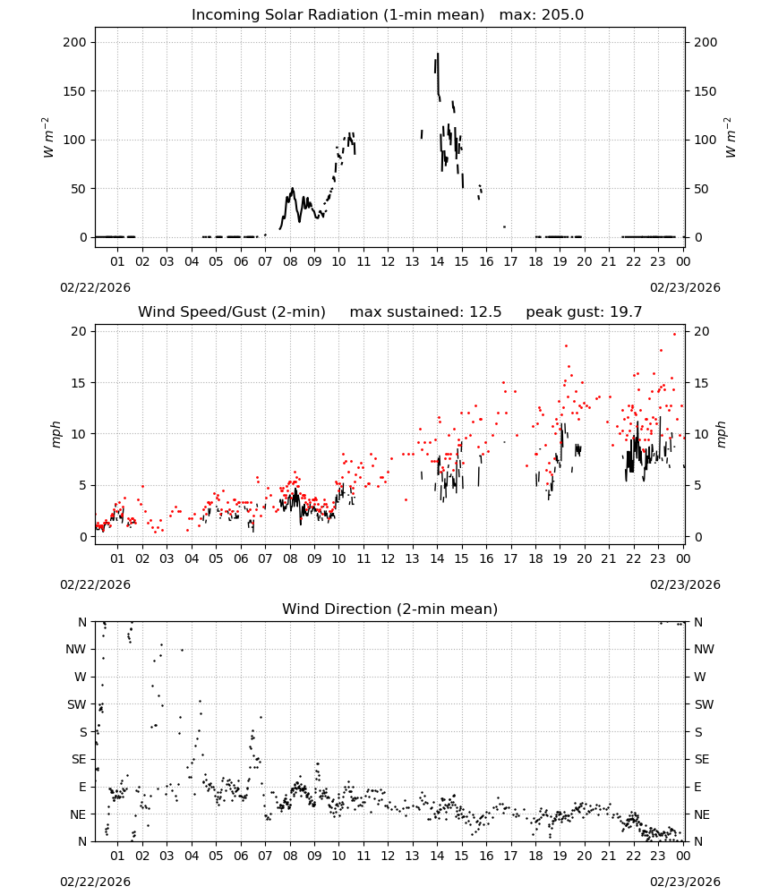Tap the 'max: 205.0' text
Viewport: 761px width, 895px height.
pos(542,15)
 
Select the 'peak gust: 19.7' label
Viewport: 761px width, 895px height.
pos(584,312)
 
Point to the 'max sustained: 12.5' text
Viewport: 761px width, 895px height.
pos(425,312)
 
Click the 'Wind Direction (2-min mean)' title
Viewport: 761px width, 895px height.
pos(390,609)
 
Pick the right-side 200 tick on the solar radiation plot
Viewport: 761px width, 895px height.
pos(705,42)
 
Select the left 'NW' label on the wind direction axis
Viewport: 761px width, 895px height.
pos(76,650)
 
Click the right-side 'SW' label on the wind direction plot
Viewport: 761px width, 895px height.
pos(704,705)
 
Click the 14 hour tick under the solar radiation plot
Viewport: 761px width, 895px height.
pos(437,262)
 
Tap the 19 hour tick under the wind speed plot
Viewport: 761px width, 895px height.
pos(560,558)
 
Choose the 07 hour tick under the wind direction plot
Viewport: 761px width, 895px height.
pos(265,857)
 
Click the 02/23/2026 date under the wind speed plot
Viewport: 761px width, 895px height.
pos(685,585)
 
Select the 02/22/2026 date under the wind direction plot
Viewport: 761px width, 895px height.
pos(95,882)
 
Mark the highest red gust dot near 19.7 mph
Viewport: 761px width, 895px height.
pos(674,335)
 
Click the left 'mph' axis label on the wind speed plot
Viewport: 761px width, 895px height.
pos(56,434)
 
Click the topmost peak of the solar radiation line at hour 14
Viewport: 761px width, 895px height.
pos(438,54)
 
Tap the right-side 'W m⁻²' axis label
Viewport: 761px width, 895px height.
pos(731,138)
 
